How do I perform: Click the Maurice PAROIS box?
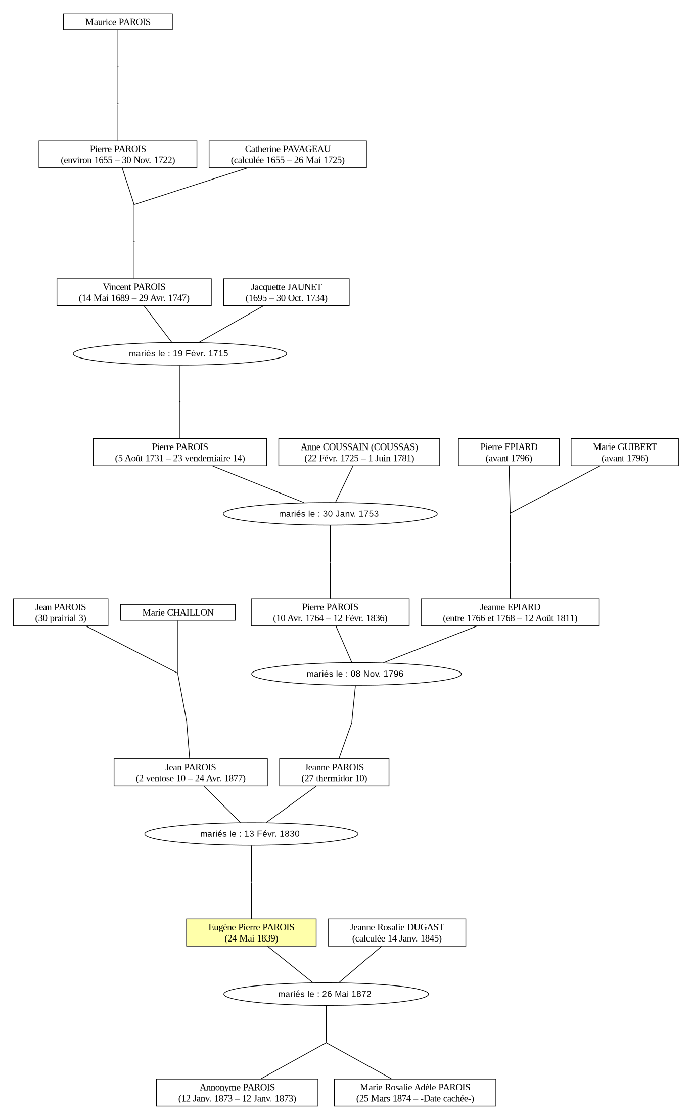[x=118, y=22]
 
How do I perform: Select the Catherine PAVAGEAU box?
[x=288, y=154]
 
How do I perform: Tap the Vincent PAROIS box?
[x=134, y=292]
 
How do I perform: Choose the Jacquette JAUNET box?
[x=286, y=292]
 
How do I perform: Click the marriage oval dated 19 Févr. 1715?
[x=180, y=353]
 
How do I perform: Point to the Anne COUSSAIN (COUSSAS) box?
[x=359, y=452]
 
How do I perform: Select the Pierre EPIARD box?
[x=509, y=452]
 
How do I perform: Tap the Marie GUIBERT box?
[x=625, y=452]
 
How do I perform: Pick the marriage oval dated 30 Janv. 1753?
[x=330, y=514]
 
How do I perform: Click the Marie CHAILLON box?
[x=178, y=612]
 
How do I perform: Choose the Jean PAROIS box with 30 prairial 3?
[x=61, y=612]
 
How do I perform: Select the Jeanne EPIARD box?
[x=510, y=612]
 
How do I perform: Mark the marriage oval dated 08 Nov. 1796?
[x=356, y=674]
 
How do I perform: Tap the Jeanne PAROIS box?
[x=334, y=772]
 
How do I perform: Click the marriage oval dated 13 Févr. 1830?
[x=251, y=834]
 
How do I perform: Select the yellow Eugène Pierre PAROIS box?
[x=251, y=932]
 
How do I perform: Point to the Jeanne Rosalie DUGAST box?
[x=397, y=932]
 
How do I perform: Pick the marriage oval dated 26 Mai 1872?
[x=326, y=994]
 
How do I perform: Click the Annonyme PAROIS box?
[x=237, y=1092]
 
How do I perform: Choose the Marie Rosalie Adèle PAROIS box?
[x=415, y=1092]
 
